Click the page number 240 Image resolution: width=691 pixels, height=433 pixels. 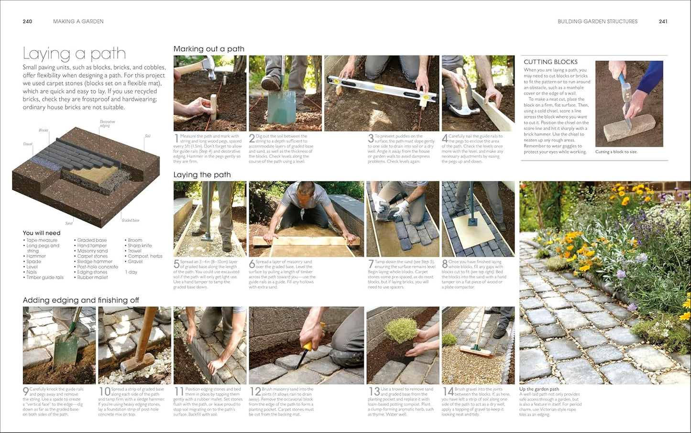[x=27, y=22]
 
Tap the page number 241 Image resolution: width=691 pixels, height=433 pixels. [x=663, y=22]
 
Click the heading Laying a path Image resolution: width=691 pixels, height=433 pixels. [x=74, y=54]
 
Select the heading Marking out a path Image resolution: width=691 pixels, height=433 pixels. [x=208, y=49]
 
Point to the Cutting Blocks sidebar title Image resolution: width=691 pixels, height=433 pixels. [x=550, y=62]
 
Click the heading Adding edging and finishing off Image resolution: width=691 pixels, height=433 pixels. [x=81, y=300]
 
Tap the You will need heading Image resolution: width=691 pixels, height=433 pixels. [x=42, y=233]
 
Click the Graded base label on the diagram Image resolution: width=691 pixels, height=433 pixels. [x=130, y=220]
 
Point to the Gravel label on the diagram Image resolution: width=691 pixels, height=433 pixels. [x=28, y=144]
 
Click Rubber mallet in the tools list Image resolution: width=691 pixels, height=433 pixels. [x=92, y=277]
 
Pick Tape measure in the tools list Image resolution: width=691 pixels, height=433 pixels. [x=42, y=240]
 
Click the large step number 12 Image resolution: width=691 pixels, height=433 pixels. [x=255, y=392]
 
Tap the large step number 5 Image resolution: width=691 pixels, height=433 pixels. [x=176, y=264]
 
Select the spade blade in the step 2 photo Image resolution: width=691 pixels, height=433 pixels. [x=284, y=108]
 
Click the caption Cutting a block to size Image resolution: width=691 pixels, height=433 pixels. [x=616, y=152]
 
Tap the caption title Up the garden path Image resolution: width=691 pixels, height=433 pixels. [x=539, y=389]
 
